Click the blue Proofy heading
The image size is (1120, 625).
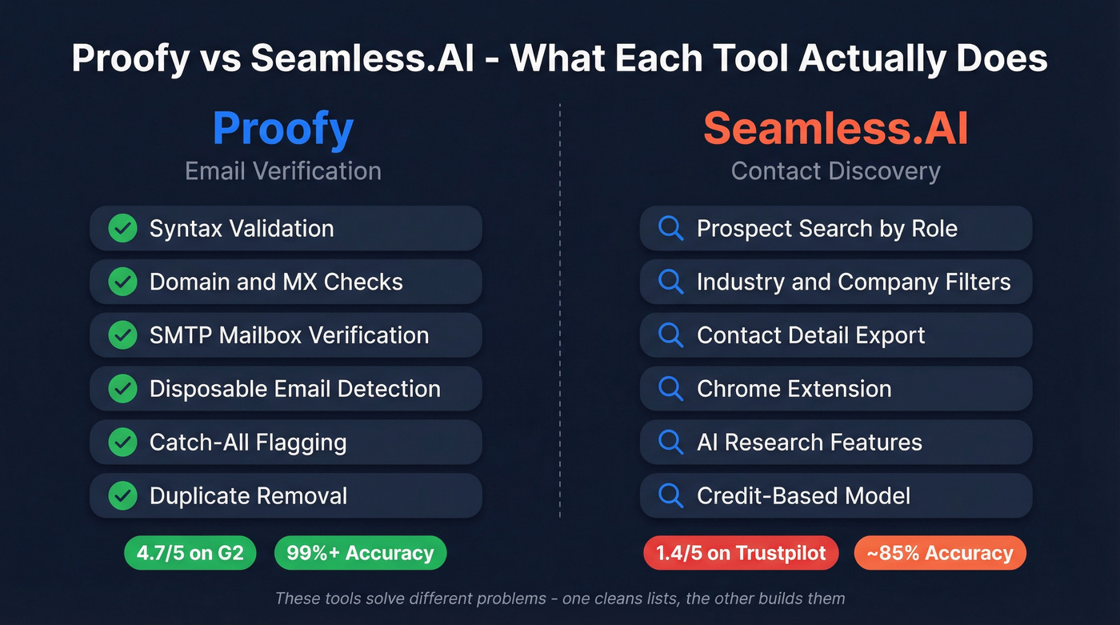tap(283, 129)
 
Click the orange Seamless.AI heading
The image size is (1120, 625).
tap(836, 129)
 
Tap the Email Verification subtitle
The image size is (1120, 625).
tap(283, 170)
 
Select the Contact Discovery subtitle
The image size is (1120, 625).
tap(836, 170)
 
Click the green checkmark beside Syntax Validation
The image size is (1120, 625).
tap(122, 229)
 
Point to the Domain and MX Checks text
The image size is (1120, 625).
tap(276, 282)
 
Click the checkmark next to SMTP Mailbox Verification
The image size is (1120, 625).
tap(122, 335)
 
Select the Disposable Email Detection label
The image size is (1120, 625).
tap(294, 389)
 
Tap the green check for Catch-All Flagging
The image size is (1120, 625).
tap(122, 442)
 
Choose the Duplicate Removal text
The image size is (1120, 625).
tap(248, 495)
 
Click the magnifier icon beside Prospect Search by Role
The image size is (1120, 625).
tap(670, 229)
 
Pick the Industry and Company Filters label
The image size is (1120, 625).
tap(854, 282)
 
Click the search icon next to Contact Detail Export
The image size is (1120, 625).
tap(670, 335)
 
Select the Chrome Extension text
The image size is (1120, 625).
tap(794, 389)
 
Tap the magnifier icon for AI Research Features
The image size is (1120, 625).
tap(670, 442)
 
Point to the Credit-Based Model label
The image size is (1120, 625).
tap(803, 495)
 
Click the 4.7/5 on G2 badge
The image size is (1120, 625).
tap(190, 553)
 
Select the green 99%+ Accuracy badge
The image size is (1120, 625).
tap(360, 553)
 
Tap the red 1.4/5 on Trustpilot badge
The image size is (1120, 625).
tap(741, 553)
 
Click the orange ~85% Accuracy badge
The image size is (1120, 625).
tap(940, 553)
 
